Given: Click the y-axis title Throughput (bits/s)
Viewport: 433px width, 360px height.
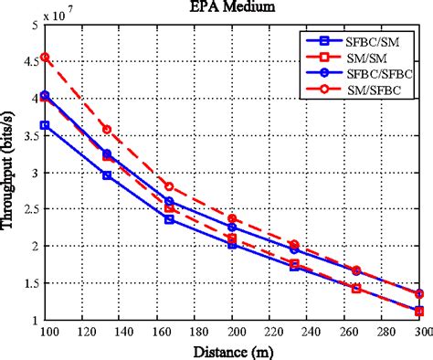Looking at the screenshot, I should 11,174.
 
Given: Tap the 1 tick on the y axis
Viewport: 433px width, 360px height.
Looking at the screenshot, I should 36,320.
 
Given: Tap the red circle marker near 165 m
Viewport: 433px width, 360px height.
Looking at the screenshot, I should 168,186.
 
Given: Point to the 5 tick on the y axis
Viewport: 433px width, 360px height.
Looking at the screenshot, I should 36,26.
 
